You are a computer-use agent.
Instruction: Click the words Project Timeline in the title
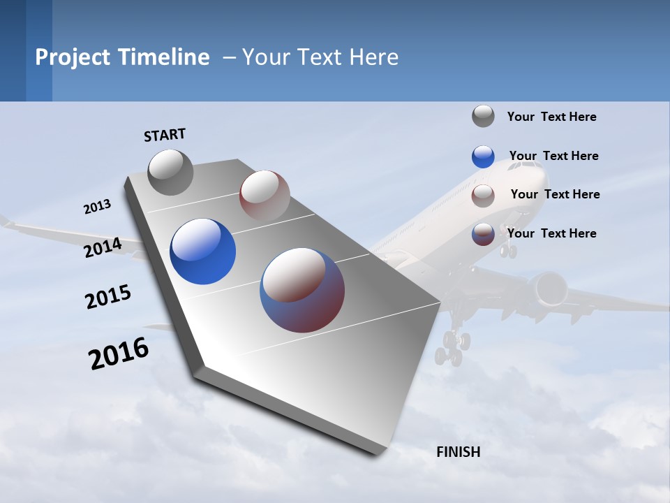[122, 57]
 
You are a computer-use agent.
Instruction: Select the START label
[165, 135]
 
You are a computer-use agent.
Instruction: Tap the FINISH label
[459, 452]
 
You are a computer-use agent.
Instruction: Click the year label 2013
[98, 207]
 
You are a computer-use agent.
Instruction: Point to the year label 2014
[103, 248]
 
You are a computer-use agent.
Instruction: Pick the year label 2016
[119, 353]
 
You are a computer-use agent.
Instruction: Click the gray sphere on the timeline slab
[171, 172]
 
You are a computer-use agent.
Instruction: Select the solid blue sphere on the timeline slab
[203, 251]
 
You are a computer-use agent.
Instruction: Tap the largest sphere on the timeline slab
[302, 290]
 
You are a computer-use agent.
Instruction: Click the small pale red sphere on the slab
[265, 195]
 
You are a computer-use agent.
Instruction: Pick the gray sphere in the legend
[483, 116]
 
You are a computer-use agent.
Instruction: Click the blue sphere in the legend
[483, 156]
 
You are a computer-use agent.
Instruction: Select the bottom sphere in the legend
[483, 234]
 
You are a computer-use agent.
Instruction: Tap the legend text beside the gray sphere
[551, 117]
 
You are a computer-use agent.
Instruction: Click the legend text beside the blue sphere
[553, 156]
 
